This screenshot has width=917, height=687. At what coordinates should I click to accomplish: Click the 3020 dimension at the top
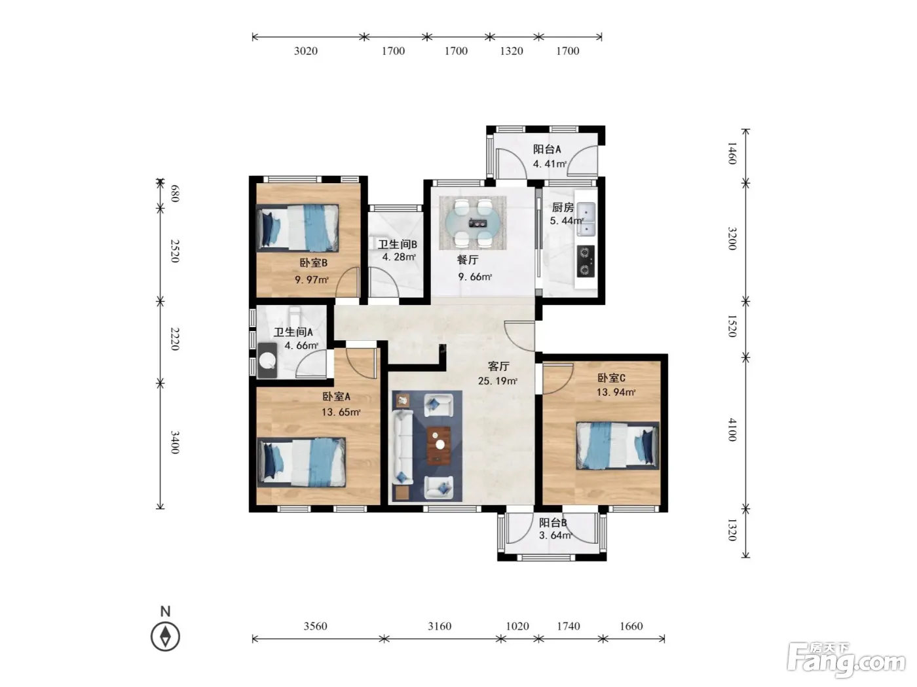305,51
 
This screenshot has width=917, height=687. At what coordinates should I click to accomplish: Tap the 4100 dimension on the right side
732,430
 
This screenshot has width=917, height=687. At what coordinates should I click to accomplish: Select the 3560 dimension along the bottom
316,626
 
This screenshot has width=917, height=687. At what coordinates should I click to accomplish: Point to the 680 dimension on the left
175,194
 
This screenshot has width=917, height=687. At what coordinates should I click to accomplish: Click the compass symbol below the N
166,637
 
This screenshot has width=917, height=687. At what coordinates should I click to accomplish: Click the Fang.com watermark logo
847,660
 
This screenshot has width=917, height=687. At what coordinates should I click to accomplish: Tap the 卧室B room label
313,263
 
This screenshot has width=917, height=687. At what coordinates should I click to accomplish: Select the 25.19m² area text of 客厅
498,380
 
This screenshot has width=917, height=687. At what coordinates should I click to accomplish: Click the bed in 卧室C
618,445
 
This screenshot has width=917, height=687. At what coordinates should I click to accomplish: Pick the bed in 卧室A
301,462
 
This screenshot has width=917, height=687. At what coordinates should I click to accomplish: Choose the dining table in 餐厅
472,223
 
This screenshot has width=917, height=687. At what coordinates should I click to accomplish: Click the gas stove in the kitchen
586,261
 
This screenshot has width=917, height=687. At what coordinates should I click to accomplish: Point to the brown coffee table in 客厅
439,446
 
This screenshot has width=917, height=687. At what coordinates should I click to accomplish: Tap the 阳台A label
547,149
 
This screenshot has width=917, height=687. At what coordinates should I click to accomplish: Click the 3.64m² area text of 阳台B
555,535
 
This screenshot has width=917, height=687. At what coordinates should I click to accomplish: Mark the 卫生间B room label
398,245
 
